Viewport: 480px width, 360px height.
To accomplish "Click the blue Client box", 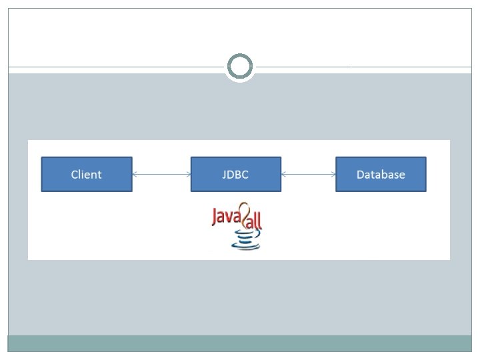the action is (87, 174).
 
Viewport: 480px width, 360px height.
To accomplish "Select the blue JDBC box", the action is (236, 174).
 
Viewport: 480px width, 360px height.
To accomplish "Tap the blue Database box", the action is (381, 174).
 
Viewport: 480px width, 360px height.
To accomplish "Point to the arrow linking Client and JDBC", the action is (161, 175).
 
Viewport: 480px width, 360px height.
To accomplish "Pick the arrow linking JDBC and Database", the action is (309, 175).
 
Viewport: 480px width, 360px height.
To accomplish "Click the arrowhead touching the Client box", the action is (135, 175).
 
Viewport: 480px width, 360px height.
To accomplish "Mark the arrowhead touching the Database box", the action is (333, 175).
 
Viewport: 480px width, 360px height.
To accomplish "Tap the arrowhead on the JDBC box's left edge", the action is (188, 175).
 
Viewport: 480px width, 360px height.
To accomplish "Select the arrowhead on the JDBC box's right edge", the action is (283, 175).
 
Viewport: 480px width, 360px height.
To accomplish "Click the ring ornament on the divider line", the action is (240, 55).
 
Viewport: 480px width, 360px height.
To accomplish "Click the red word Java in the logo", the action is (226, 217).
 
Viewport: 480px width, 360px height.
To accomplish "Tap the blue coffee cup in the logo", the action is (246, 240).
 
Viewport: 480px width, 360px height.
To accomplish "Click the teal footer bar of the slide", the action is (240, 343).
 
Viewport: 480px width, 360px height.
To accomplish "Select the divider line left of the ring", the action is (116, 67).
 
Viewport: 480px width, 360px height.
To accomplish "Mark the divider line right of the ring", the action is (364, 67).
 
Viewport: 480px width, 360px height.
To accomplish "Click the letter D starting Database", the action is (360, 175).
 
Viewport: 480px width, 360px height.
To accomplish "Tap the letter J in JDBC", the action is (224, 175).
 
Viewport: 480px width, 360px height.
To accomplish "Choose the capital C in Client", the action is (74, 175).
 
